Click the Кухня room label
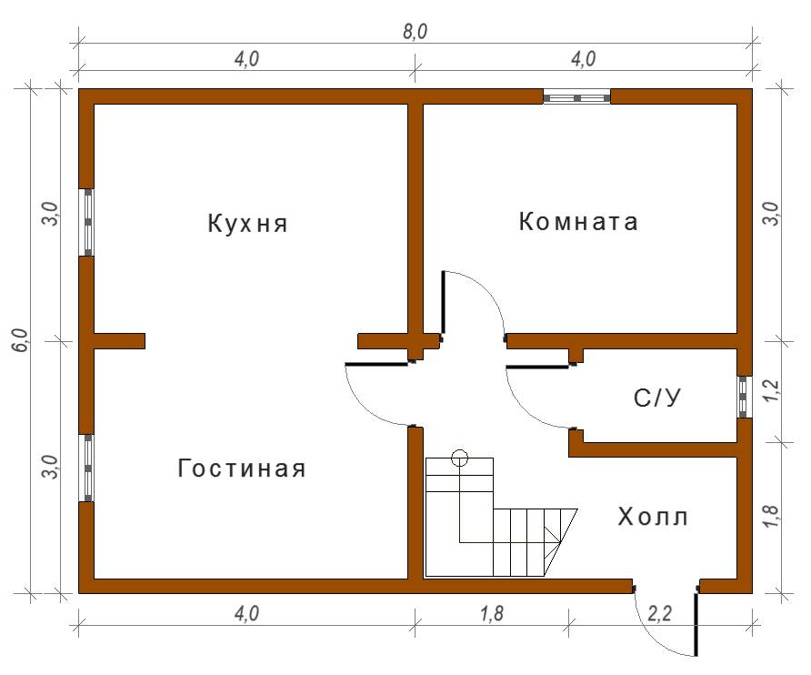[247, 224]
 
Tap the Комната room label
[578, 222]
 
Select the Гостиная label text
[242, 468]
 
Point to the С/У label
[656, 398]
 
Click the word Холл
[653, 517]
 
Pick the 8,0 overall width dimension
[415, 32]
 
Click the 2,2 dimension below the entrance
[660, 613]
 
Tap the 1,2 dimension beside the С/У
[770, 391]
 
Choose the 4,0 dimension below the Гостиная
[246, 614]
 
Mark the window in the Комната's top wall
[576, 97]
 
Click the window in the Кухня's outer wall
[88, 222]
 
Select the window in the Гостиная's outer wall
[88, 468]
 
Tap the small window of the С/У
[743, 397]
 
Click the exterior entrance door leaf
[696, 624]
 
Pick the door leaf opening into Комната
[444, 302]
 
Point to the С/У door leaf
[538, 367]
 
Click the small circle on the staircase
[459, 458]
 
